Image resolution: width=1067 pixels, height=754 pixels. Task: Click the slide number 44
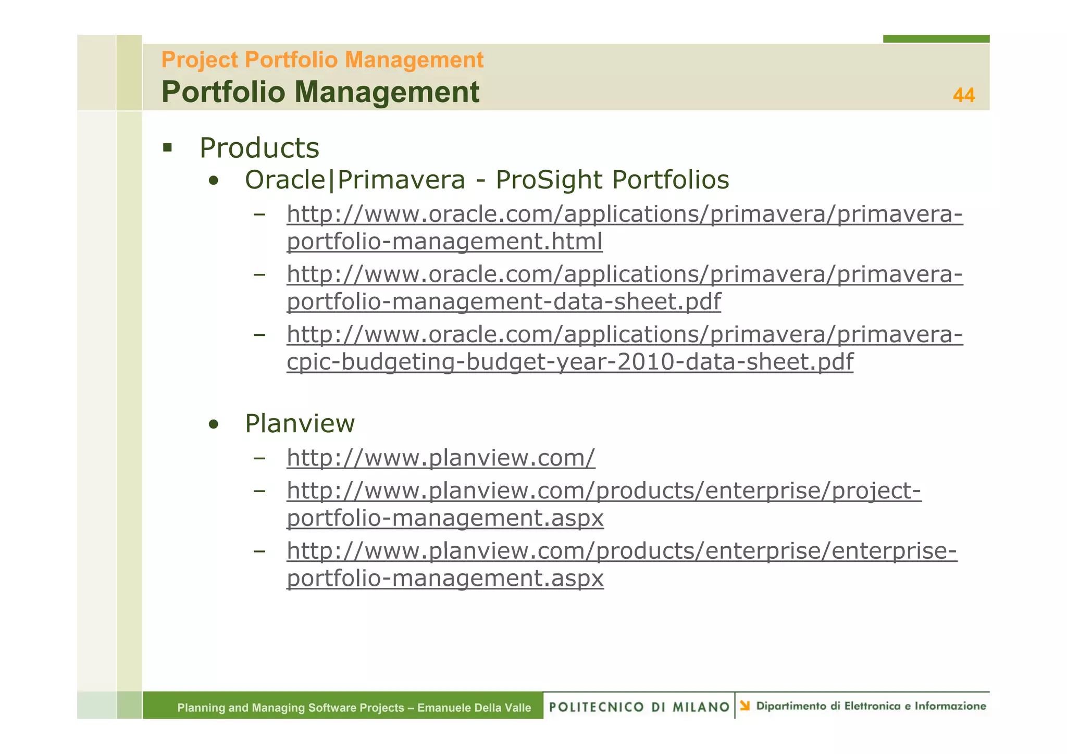coord(963,95)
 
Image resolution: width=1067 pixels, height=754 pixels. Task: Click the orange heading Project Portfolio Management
coord(322,60)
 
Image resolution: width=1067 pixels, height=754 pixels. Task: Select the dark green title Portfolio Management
coord(320,92)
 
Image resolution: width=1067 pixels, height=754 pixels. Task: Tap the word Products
coord(259,148)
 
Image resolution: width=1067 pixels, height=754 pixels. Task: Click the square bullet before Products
coord(167,148)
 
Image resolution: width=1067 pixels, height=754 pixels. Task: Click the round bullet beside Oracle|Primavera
coord(213,182)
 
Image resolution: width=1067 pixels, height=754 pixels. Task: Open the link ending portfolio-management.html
coord(444,242)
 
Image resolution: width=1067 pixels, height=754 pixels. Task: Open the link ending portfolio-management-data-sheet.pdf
coord(503,301)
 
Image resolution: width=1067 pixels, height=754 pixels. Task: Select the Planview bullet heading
coord(300,423)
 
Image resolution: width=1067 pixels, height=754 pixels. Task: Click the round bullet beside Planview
coord(213,425)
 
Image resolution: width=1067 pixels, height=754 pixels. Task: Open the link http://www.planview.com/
coord(440,458)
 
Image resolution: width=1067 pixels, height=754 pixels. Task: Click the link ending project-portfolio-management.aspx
coord(603,491)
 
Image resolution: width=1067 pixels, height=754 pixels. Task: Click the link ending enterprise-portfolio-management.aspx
coord(621,551)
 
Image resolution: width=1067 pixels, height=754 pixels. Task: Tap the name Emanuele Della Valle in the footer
coord(474,708)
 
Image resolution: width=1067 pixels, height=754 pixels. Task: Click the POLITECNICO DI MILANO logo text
coord(639,707)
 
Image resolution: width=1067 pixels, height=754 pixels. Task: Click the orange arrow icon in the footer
coord(745,706)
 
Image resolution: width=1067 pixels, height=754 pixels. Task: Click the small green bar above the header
coord(936,39)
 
